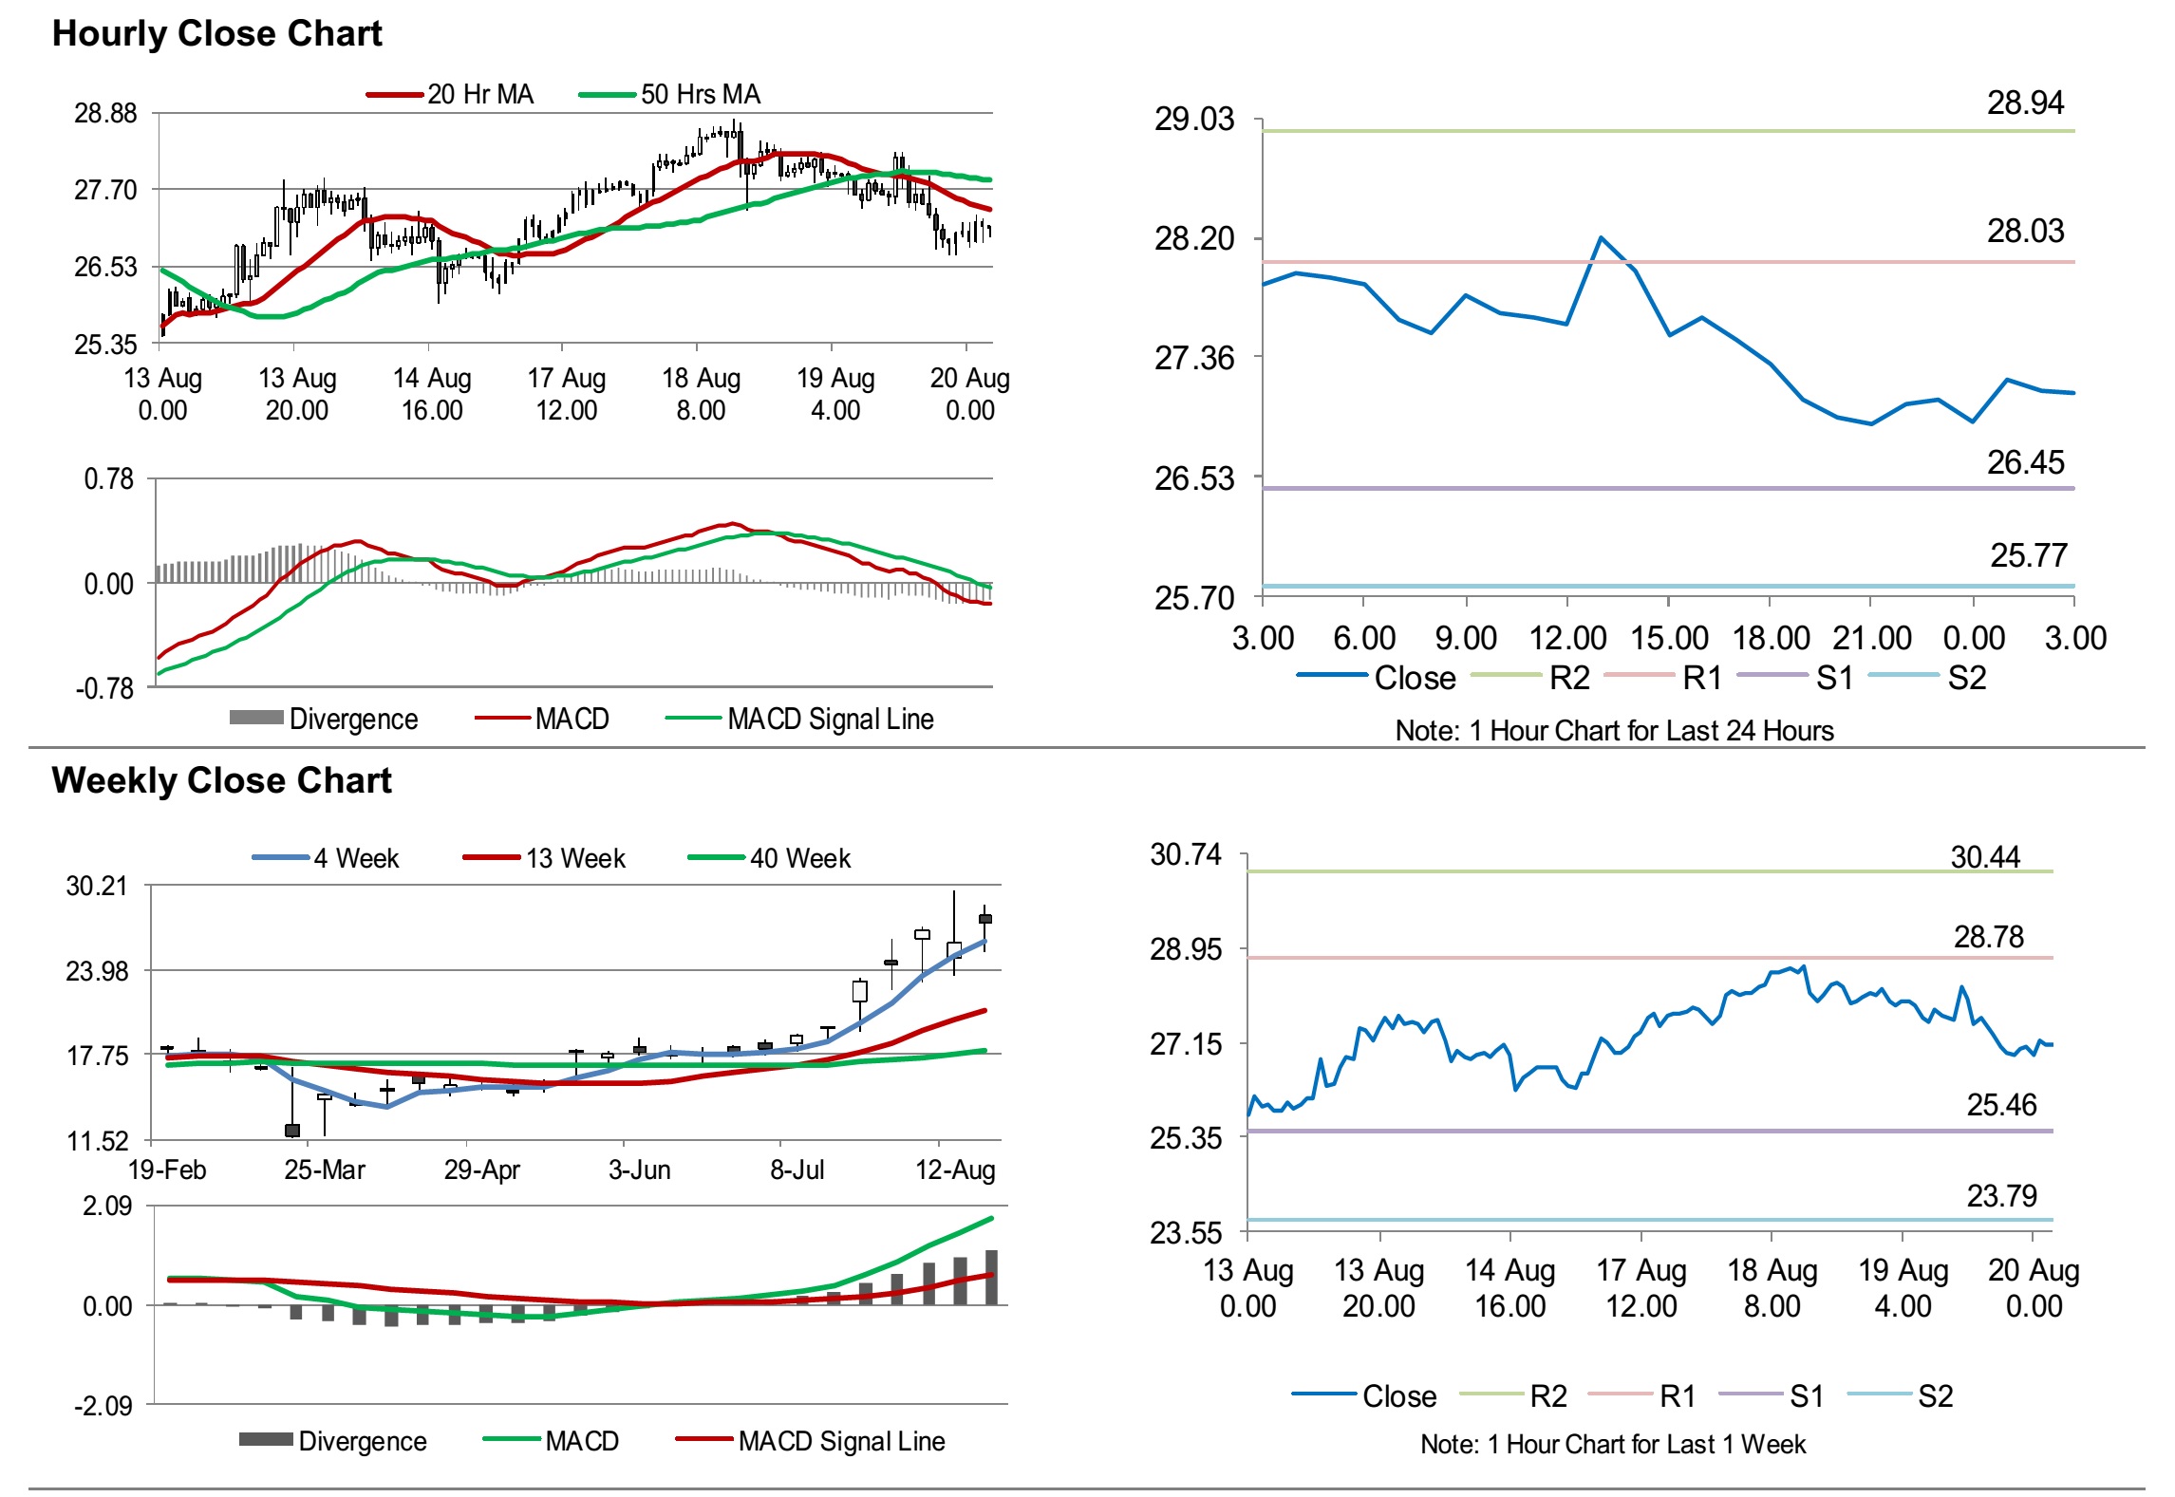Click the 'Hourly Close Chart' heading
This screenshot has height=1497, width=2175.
point(216,34)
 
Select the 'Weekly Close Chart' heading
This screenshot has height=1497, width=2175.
point(221,780)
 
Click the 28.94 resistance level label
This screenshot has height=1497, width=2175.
point(2025,103)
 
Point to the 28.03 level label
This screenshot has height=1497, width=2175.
point(2025,231)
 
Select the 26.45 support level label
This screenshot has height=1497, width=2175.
point(2025,462)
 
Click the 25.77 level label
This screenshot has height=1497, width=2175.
point(2028,555)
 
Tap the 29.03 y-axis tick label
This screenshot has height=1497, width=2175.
point(1194,120)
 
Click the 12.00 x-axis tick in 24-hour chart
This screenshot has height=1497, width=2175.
point(1567,638)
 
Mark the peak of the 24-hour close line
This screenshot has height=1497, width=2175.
point(1601,237)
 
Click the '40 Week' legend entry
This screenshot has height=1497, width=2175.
point(799,858)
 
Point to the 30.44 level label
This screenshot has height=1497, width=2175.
point(1985,857)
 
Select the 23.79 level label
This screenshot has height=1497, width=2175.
point(2001,1196)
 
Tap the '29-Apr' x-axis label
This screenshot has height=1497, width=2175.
point(481,1170)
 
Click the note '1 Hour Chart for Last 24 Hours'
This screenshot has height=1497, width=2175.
point(1614,730)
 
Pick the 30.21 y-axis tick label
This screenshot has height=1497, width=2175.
point(97,886)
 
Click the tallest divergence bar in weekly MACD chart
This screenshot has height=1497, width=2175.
point(991,1277)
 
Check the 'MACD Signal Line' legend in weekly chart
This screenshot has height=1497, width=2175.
point(841,1441)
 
